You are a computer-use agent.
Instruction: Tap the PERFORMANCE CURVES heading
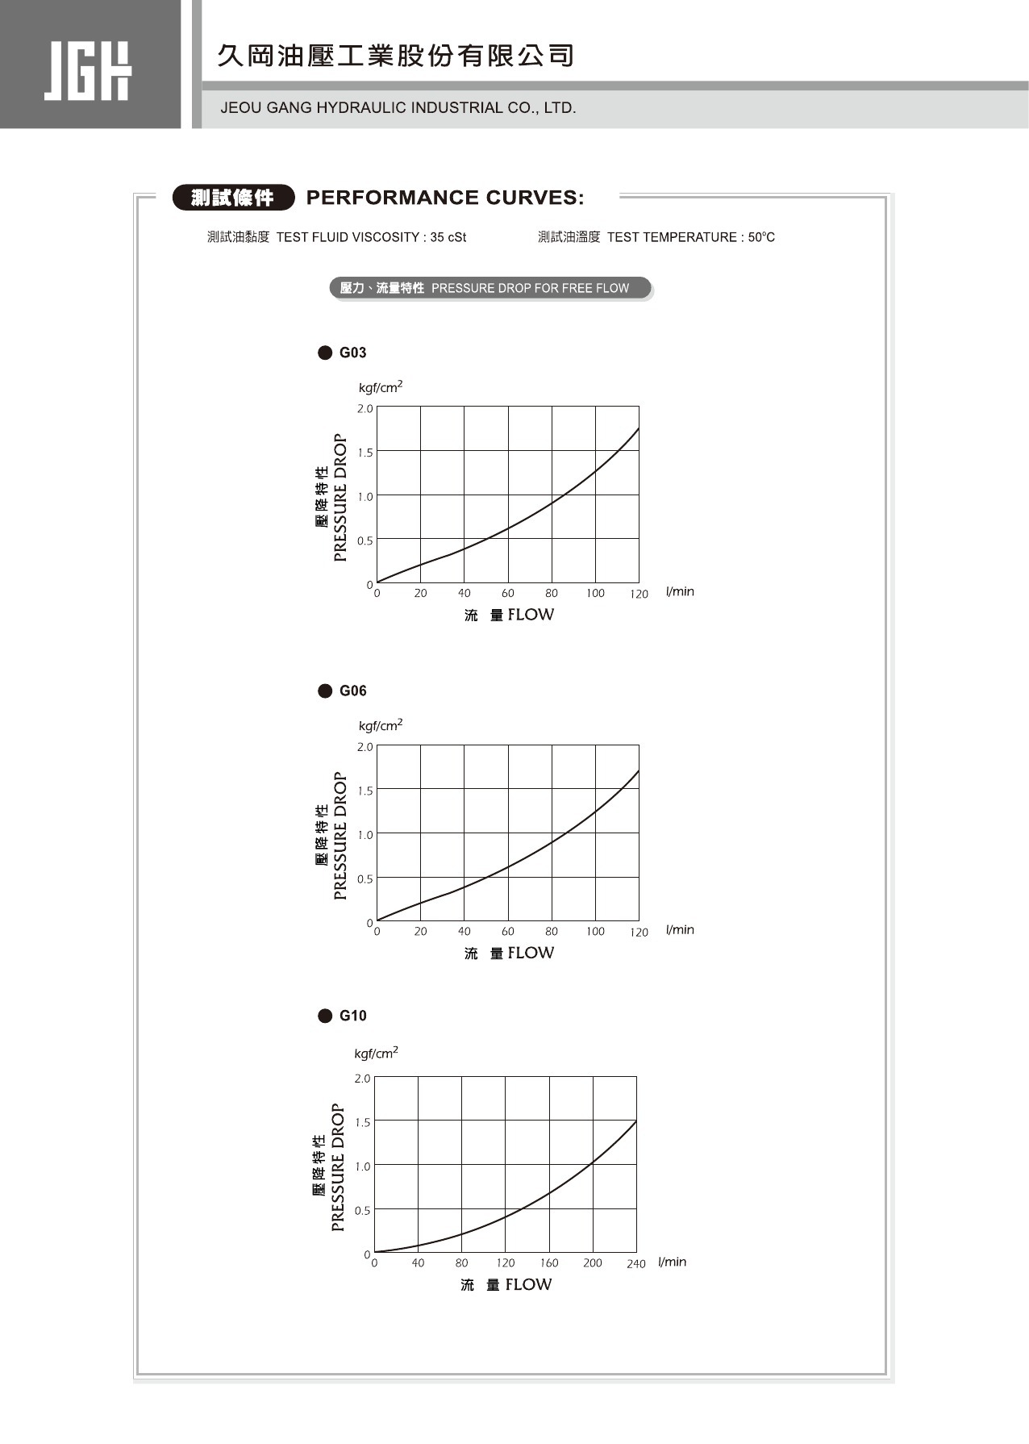(x=445, y=198)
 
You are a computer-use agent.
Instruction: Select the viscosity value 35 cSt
(x=448, y=237)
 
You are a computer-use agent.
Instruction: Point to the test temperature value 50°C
(x=761, y=237)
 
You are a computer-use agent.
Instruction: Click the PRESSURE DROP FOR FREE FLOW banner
(x=490, y=288)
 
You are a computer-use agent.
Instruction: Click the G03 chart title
(x=352, y=353)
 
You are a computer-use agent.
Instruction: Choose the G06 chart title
(x=352, y=691)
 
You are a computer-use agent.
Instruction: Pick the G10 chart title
(x=352, y=1016)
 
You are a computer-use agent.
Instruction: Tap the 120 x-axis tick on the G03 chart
(x=639, y=594)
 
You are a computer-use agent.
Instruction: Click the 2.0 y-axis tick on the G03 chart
(x=365, y=409)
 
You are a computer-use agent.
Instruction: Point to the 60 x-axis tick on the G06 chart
(x=508, y=932)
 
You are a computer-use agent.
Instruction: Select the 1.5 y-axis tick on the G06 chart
(x=365, y=791)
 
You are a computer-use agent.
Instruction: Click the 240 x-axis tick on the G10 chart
(x=636, y=1264)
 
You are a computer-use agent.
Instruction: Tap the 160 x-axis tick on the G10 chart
(x=549, y=1263)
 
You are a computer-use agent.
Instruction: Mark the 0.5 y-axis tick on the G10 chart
(x=363, y=1211)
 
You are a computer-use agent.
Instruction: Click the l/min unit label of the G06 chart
(x=680, y=930)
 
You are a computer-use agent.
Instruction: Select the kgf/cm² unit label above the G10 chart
(x=376, y=1054)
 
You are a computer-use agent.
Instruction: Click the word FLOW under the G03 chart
(x=531, y=615)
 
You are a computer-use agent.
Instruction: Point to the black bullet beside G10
(x=325, y=1016)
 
